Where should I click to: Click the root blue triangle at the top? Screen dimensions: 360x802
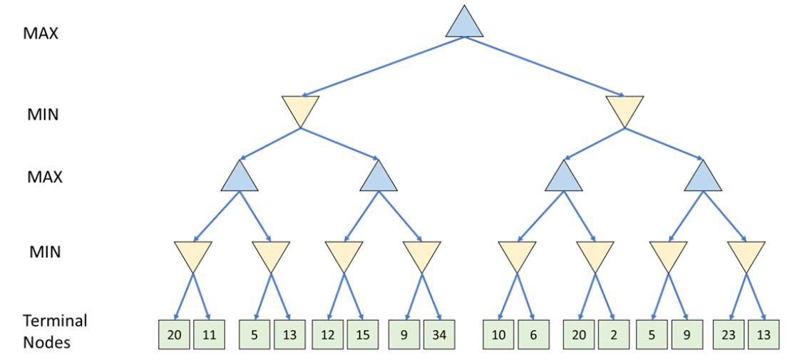click(464, 24)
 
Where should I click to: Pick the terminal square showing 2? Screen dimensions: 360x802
click(614, 334)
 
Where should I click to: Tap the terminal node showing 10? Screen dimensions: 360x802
click(498, 334)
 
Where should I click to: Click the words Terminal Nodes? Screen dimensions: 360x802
click(54, 331)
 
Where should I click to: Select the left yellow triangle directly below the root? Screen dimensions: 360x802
click(300, 109)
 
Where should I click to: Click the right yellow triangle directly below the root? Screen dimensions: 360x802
click(624, 109)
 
